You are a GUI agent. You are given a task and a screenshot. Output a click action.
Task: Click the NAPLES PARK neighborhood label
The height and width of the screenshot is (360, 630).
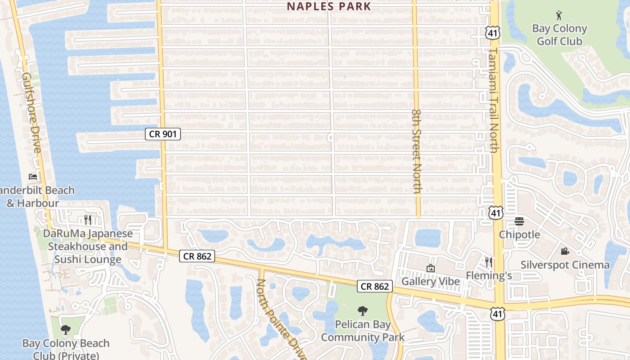point(329,6)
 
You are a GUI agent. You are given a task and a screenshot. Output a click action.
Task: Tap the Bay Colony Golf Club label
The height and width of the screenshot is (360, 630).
point(559,35)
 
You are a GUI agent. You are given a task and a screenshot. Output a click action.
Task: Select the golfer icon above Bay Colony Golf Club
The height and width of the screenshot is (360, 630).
point(559,15)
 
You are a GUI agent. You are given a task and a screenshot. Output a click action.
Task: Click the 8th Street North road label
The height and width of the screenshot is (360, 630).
point(416,151)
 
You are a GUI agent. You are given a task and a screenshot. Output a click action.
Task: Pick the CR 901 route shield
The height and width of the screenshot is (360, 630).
point(162,134)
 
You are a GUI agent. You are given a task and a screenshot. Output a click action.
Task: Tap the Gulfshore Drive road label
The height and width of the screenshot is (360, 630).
point(31,112)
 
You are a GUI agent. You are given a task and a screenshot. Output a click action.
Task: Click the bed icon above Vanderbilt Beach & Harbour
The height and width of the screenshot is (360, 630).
point(33,176)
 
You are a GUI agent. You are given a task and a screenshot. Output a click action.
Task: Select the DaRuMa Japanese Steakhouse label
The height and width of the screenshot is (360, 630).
point(88,246)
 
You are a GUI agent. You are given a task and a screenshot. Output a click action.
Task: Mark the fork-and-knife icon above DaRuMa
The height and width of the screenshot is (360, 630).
point(88,220)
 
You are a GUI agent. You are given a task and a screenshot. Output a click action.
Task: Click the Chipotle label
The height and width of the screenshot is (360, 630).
point(519,234)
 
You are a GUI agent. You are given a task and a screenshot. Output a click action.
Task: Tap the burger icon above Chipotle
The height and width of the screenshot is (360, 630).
point(519,221)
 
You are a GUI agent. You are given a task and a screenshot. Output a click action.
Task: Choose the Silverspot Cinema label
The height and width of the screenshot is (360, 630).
point(565,265)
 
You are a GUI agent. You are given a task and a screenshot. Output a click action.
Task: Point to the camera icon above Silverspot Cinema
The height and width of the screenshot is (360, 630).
point(565,251)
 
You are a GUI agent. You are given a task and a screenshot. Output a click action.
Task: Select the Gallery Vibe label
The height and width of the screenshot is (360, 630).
point(431,282)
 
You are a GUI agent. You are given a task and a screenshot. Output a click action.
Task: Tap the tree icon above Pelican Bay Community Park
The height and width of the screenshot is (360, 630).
point(362,310)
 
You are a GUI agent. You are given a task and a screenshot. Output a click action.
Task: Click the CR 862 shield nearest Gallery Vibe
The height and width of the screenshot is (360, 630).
point(375,286)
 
